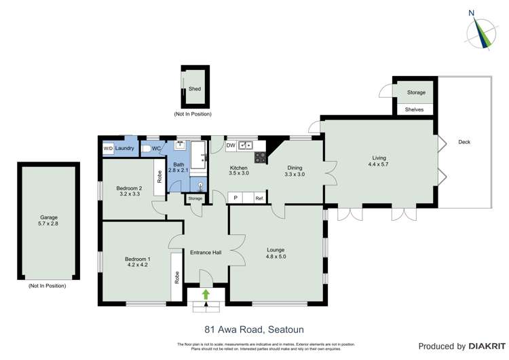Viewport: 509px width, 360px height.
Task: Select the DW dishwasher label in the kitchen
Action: [231, 145]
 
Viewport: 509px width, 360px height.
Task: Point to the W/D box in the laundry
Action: [108, 148]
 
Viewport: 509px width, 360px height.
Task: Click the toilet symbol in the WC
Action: [146, 148]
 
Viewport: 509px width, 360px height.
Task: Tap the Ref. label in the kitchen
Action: [259, 198]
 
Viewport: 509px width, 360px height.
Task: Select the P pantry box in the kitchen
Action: [235, 198]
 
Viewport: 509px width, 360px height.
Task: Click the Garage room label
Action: [49, 217]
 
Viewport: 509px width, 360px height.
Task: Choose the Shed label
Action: [195, 89]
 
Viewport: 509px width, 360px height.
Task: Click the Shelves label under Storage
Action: [414, 109]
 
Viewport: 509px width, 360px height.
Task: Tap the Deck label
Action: [464, 142]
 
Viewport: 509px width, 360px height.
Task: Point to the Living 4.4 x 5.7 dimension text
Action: [377, 165]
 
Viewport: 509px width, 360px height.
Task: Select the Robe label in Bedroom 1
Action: [176, 277]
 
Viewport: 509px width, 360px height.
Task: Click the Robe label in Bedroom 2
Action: [159, 177]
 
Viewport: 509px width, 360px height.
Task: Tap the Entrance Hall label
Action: [206, 253]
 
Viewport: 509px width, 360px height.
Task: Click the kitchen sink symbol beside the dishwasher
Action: [245, 145]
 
